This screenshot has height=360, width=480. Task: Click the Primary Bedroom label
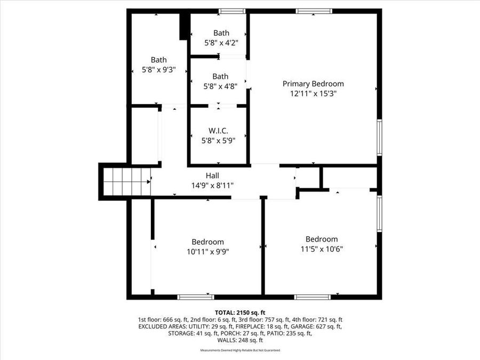(313, 84)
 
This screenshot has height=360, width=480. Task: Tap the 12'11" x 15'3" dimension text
(313, 93)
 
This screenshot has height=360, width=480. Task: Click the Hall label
(212, 175)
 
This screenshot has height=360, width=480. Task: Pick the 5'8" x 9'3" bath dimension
(158, 70)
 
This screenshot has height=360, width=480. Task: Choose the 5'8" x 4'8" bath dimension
(220, 85)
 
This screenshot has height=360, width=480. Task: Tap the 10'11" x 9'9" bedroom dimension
(208, 251)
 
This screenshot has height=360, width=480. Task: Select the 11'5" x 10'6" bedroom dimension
(321, 249)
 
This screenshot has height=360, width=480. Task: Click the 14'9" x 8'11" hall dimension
(212, 185)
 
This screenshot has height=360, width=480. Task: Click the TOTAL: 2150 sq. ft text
(240, 313)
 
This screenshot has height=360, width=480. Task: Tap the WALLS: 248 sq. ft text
(240, 340)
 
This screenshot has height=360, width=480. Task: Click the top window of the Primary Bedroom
(314, 11)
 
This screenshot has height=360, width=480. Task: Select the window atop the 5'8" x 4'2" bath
(232, 11)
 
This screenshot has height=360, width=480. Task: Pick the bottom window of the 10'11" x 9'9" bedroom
(196, 297)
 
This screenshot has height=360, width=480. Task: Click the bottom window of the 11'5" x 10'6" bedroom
(313, 297)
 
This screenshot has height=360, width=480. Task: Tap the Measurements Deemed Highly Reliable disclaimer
(240, 350)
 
